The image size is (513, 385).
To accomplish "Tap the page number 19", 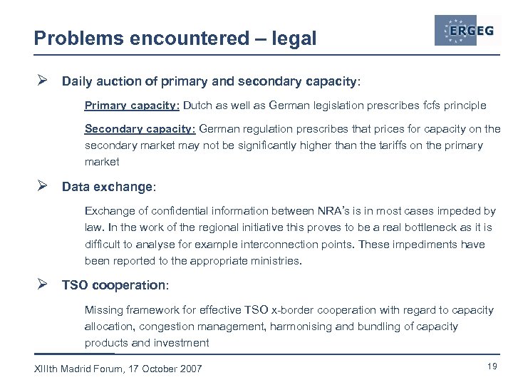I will (x=491, y=366).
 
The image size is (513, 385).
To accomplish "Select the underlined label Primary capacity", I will (x=131, y=106).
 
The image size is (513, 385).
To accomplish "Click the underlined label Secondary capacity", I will (x=140, y=129).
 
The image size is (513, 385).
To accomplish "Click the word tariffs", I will (x=380, y=145).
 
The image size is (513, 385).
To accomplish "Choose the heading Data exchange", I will (x=107, y=188).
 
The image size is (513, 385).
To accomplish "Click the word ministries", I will (x=279, y=261).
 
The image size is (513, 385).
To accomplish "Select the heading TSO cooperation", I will (x=113, y=285).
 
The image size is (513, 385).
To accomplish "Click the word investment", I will (x=183, y=343).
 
